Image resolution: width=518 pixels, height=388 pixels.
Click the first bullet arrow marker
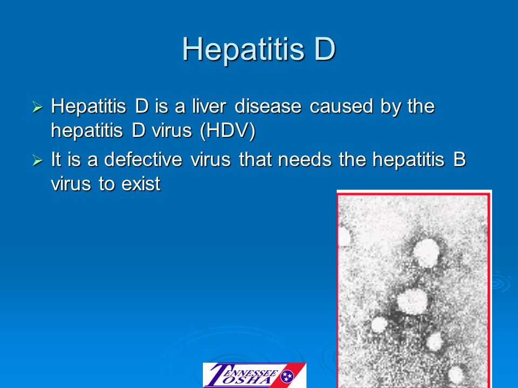tap(37, 108)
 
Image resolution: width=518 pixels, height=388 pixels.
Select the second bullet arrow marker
tap(37, 161)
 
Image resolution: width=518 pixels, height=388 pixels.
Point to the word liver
tap(211, 107)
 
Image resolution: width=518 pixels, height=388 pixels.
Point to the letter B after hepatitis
tap(459, 160)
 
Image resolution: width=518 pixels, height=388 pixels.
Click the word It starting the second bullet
tap(57, 160)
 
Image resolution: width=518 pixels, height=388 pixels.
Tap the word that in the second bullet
tap(257, 160)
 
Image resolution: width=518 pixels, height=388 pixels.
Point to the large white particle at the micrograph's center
tap(413, 301)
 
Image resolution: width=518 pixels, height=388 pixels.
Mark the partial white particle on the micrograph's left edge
tap(343, 235)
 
